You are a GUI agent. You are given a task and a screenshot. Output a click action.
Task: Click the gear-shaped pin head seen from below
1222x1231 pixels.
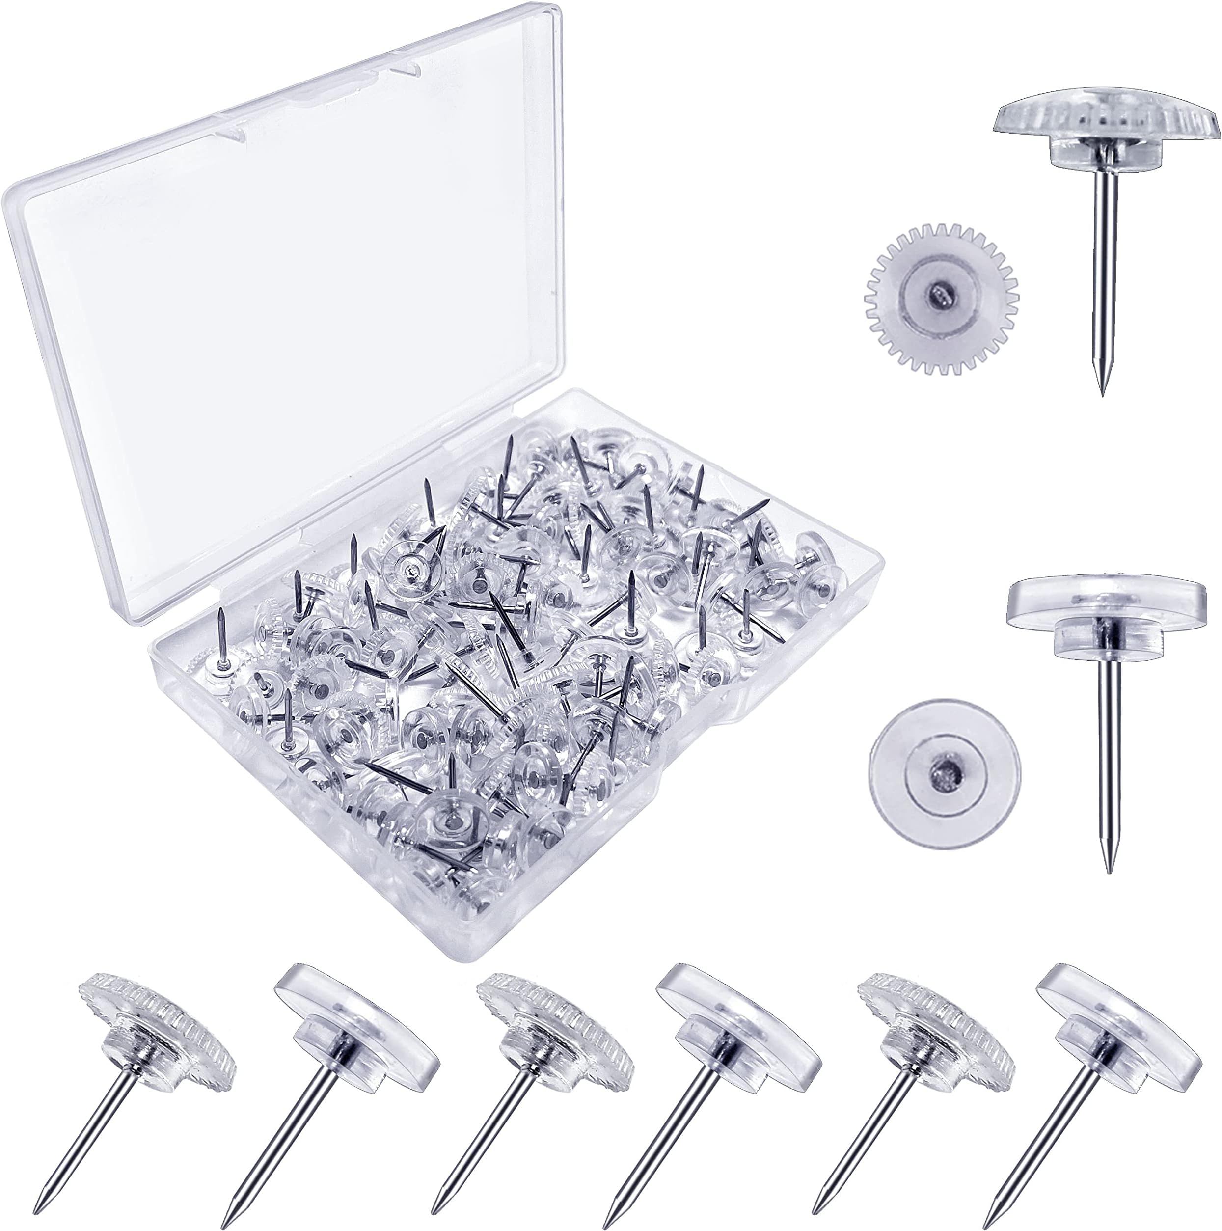(940, 296)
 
